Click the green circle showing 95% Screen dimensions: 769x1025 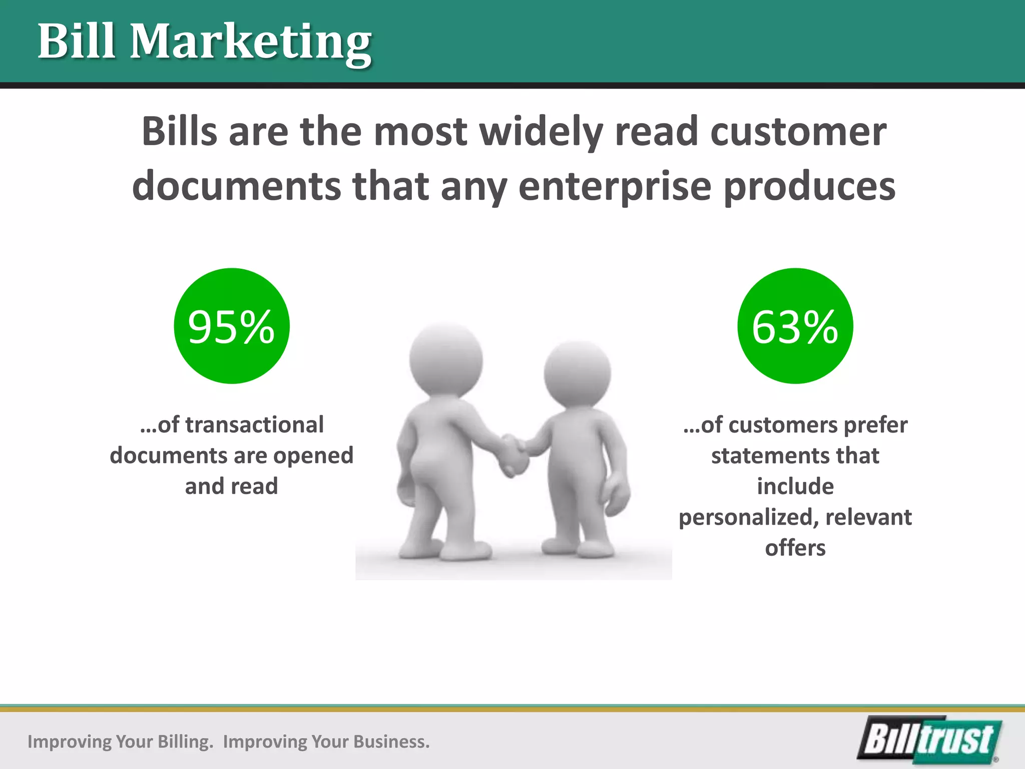(x=232, y=326)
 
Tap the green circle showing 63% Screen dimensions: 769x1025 (x=795, y=326)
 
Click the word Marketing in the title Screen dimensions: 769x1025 (x=250, y=42)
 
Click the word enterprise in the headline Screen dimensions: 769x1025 (x=614, y=187)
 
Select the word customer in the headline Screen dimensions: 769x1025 (x=798, y=132)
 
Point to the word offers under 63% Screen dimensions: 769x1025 (x=795, y=548)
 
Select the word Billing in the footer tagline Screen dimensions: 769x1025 (x=184, y=741)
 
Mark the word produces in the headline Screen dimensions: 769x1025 (x=809, y=187)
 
